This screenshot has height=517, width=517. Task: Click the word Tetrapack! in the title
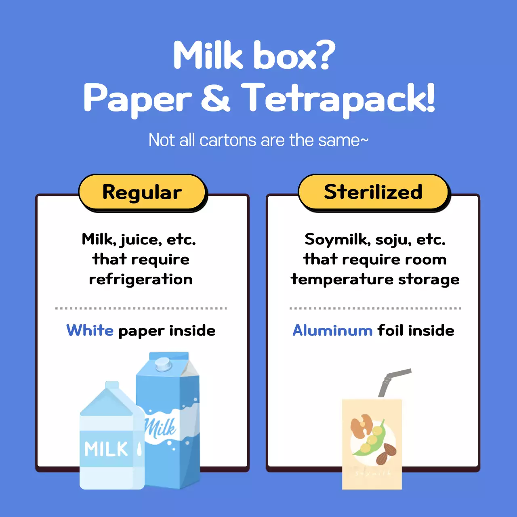point(338,98)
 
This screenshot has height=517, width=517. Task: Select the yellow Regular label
point(142,192)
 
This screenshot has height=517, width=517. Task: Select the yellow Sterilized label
point(373,192)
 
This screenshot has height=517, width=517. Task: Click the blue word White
point(90,330)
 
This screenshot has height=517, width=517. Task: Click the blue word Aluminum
point(332,330)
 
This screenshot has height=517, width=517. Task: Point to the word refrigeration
point(141,280)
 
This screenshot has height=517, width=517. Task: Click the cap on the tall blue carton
point(163,364)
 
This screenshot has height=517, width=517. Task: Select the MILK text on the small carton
point(106,449)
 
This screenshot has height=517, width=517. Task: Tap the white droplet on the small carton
point(139,448)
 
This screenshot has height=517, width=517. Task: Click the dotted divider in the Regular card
point(141,308)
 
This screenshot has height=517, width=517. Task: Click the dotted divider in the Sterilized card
point(375,308)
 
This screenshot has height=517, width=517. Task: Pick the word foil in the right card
point(390,330)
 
